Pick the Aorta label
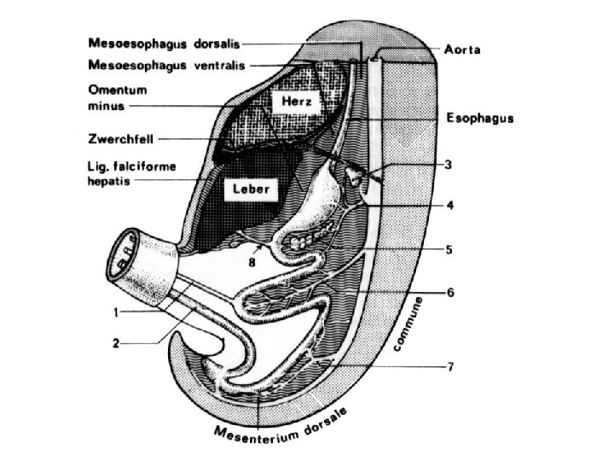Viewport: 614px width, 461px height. coord(462,50)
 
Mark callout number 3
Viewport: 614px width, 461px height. coord(449,164)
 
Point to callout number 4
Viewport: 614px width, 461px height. coord(449,205)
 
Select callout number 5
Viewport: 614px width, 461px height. coord(449,250)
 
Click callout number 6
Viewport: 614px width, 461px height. coord(449,293)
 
